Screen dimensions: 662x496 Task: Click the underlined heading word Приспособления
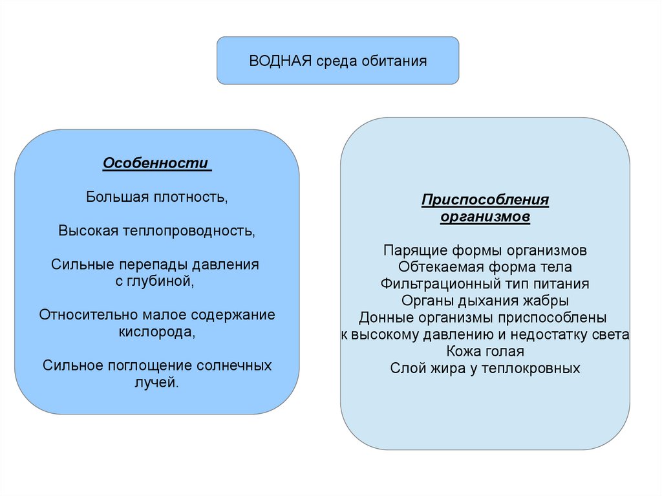coord(485,200)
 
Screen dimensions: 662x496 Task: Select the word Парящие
coord(409,250)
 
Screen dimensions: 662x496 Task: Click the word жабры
coord(546,301)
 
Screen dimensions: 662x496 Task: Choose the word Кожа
coord(462,352)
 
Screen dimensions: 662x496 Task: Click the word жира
coord(447,369)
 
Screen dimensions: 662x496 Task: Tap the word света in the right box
coord(612,335)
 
